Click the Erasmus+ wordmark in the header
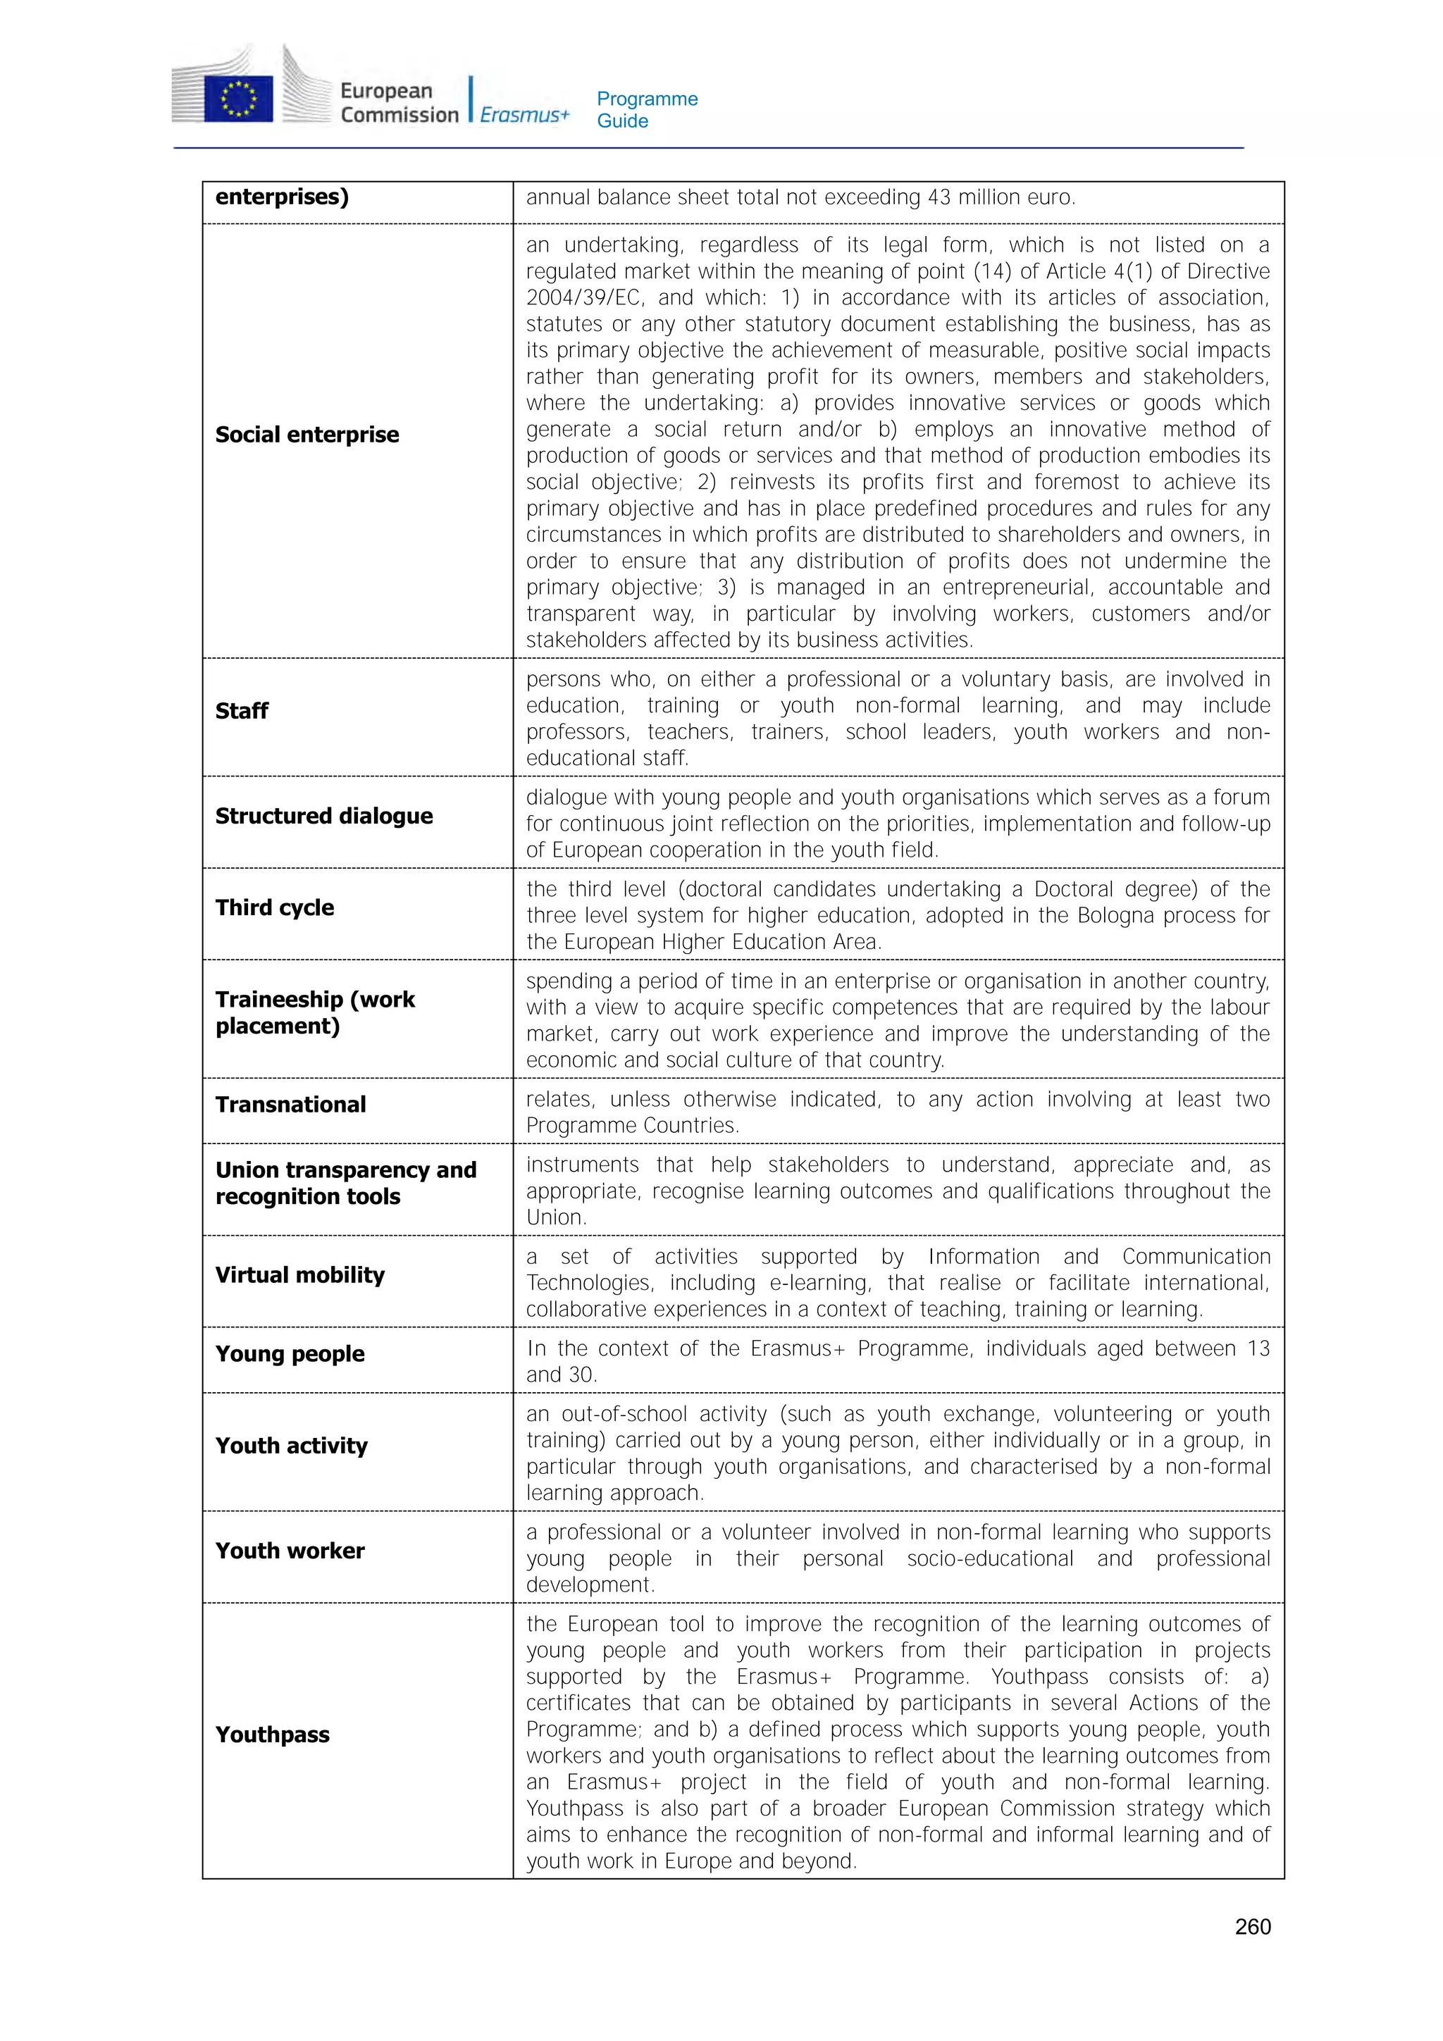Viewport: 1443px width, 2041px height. [524, 115]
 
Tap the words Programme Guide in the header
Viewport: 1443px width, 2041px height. [646, 109]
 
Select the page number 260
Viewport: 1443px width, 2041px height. [1252, 1926]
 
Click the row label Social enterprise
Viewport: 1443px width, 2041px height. [306, 435]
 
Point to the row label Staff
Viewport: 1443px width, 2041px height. [241, 711]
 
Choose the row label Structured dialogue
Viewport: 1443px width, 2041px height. [323, 816]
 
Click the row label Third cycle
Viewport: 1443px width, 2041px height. [275, 907]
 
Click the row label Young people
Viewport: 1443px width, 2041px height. [290, 1354]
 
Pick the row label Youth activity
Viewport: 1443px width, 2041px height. [291, 1446]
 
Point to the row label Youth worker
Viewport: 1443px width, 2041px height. [290, 1551]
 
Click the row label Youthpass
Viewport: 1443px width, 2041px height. [272, 1735]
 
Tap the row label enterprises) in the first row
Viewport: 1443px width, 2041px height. [282, 197]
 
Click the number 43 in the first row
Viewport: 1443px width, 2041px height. [939, 197]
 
